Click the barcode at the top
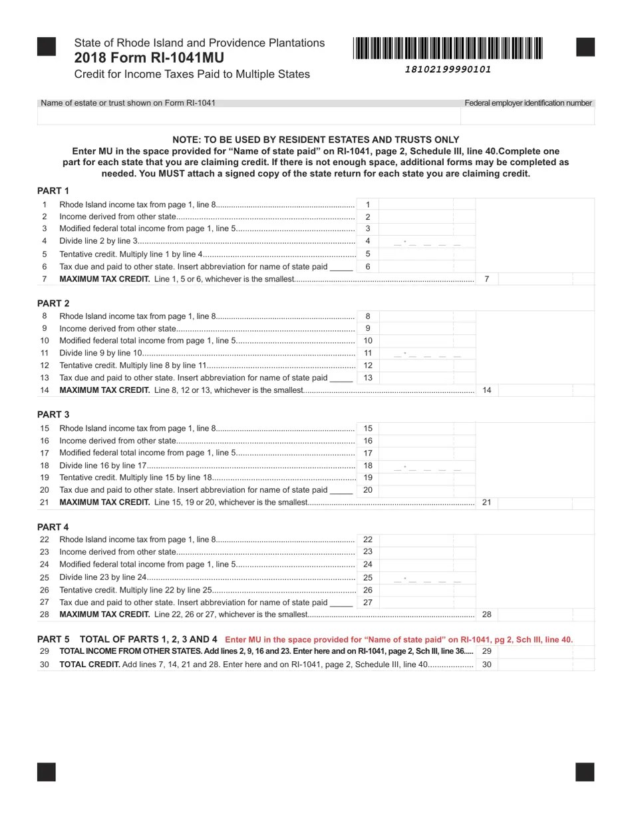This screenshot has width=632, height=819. [448, 49]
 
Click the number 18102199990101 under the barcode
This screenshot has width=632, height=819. [448, 69]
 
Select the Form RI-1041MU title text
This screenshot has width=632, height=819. [149, 58]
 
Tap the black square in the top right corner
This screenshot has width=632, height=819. [585, 47]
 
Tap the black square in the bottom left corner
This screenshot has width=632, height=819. [47, 772]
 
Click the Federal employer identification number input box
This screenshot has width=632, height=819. [527, 117]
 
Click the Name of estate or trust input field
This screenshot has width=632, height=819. [249, 117]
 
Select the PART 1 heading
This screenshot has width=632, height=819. [53, 190]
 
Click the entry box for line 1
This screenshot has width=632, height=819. [426, 204]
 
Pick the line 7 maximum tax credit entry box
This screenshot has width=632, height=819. [545, 279]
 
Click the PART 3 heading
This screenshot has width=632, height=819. [53, 414]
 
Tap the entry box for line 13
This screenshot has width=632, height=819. [426, 378]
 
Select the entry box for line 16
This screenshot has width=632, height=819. [426, 441]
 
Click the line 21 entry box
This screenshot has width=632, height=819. [545, 502]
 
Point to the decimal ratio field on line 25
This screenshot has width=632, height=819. [426, 577]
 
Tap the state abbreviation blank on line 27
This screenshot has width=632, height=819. [341, 603]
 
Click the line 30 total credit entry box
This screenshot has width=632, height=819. [545, 665]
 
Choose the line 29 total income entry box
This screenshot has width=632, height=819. [545, 651]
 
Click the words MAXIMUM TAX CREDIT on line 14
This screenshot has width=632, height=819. [104, 390]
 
